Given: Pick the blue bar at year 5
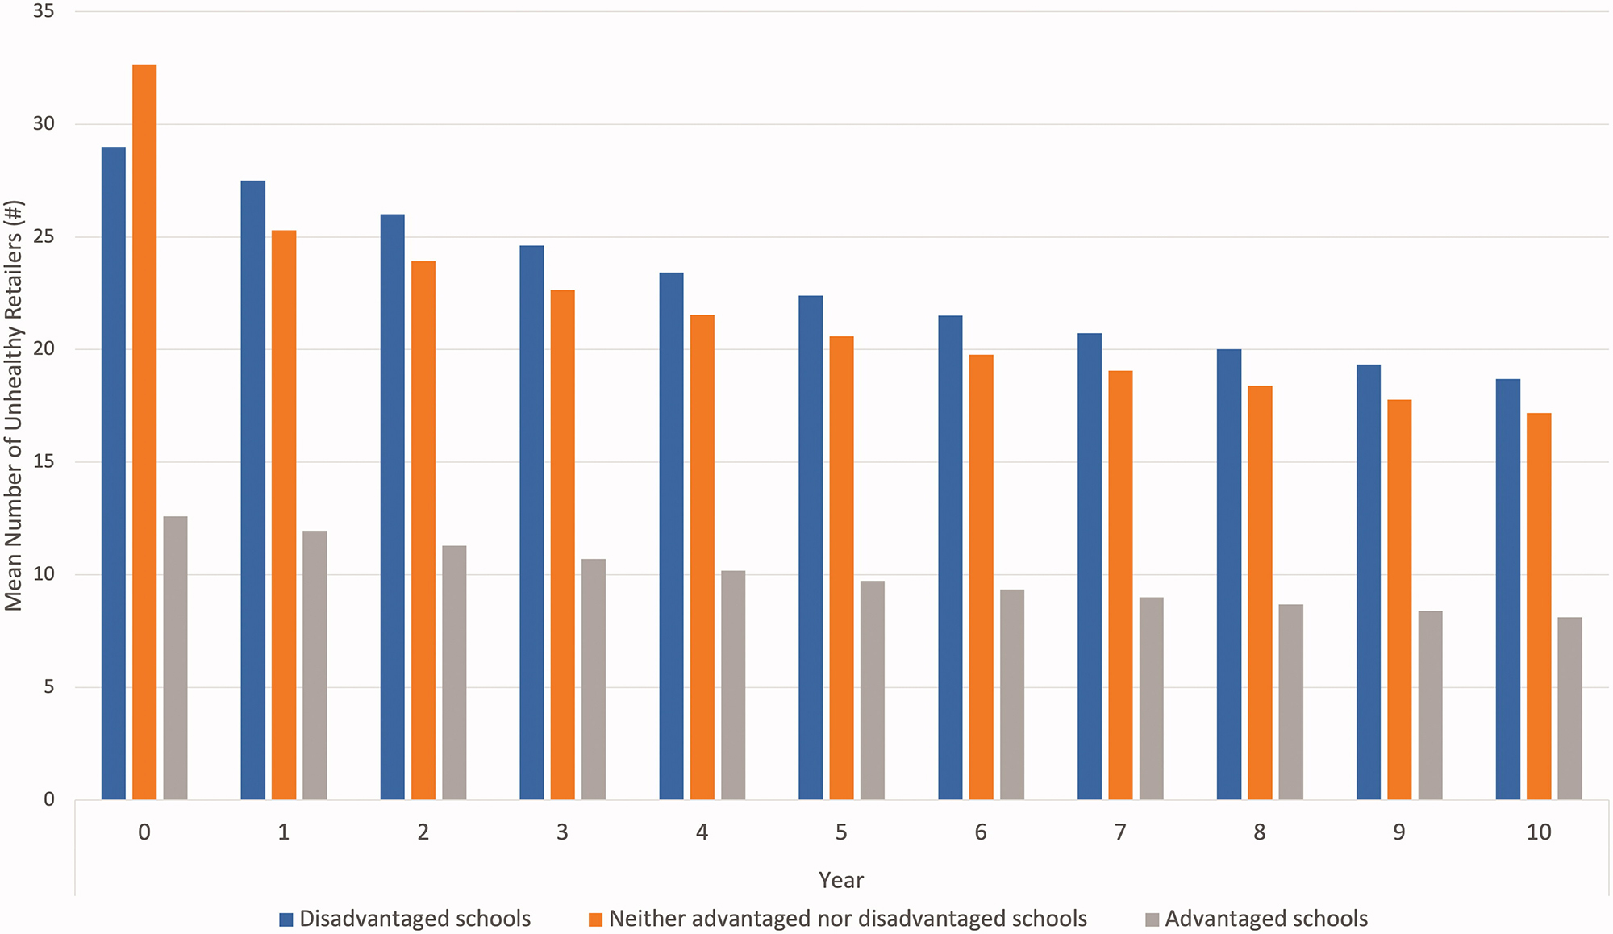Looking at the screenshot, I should point(811,548).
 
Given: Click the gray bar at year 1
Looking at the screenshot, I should point(315,665).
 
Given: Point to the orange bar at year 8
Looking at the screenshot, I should point(1260,593).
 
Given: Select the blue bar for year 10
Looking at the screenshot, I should point(1508,589).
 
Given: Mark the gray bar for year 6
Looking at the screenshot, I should point(1012,694).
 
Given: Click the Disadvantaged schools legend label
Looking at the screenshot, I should point(415,919).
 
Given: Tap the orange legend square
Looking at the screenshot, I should point(596,919).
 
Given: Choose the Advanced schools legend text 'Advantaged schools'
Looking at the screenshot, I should point(1266,919).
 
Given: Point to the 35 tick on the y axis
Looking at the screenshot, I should point(44,11).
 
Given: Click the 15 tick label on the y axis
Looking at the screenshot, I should point(44,461).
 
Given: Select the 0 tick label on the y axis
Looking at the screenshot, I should point(49,799).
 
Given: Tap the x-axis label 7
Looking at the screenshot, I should point(1120,832).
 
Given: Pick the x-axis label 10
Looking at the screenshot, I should point(1538,832).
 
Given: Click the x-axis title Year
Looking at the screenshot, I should point(840,880).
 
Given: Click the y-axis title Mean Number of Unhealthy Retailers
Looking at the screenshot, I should point(14,406).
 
